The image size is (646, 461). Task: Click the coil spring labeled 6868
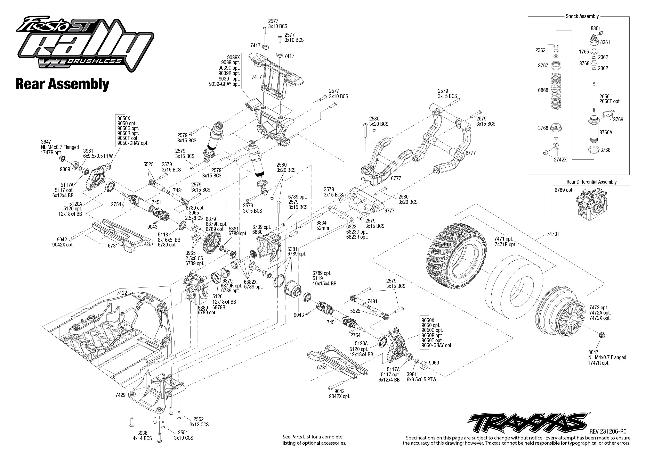pos(557,91)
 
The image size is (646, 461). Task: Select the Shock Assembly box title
pos(582,16)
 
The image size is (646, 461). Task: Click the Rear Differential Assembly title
pos(591,182)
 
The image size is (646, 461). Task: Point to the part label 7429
pos(120,395)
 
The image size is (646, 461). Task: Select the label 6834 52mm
pos(322,225)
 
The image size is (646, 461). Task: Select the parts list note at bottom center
pos(314,440)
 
